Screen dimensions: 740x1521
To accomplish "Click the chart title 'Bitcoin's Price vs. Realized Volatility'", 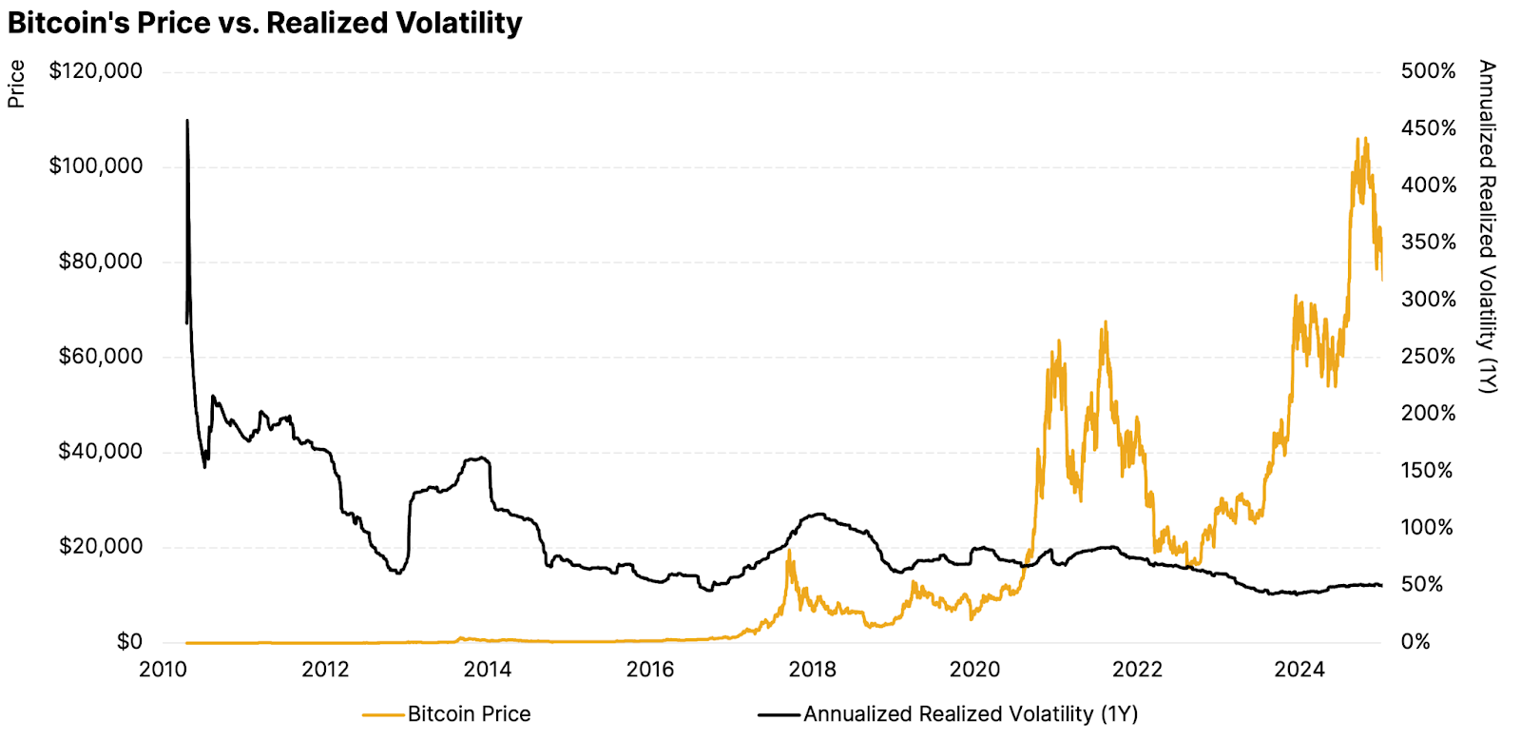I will [265, 23].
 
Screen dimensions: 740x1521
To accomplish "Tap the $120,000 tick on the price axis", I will [96, 71].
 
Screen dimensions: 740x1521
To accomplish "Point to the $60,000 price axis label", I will [101, 357].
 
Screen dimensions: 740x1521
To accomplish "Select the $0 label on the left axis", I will [129, 642].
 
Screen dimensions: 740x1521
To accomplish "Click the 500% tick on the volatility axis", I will [1428, 71].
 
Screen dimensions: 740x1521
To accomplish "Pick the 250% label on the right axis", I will [1428, 357].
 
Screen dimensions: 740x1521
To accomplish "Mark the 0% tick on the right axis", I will [1415, 642].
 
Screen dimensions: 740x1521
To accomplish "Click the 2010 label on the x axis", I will [164, 670].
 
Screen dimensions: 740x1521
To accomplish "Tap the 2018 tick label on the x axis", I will [813, 670].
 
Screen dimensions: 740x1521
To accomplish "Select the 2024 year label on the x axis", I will [1300, 670].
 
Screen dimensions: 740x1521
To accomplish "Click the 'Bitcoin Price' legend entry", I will [469, 714].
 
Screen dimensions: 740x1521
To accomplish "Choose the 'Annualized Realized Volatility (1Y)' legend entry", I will [971, 714].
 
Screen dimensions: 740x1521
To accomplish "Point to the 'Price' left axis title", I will [16, 84].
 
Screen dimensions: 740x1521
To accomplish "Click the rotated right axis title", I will [1487, 226].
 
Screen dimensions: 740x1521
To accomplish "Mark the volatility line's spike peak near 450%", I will [187, 121].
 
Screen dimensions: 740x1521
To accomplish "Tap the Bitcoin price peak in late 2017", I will [788, 552].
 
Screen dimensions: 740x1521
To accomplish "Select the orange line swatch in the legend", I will [383, 714].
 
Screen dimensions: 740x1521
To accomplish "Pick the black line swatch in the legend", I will [779, 714].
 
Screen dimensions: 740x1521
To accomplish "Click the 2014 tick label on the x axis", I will [488, 670].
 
